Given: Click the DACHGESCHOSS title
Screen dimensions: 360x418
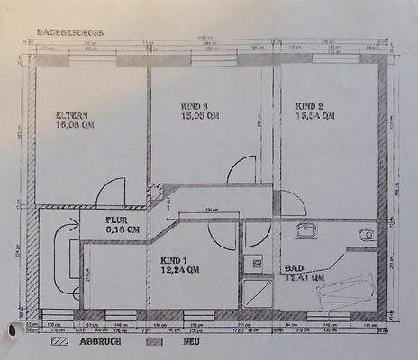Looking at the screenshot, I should [70, 31].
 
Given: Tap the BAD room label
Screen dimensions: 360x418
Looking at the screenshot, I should [294, 269].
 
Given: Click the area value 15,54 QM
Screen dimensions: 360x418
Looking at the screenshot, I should [315, 116].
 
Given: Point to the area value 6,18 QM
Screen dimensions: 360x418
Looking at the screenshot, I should [123, 229].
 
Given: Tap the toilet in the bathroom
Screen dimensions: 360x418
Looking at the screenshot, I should [366, 235].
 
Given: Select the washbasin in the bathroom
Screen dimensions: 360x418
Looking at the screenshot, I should [307, 232].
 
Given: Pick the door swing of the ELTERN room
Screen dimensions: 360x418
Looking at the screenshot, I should [110, 191].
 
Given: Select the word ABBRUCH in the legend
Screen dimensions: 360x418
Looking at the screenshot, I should [96, 342].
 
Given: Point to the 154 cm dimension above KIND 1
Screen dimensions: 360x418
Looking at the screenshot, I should [209, 210].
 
